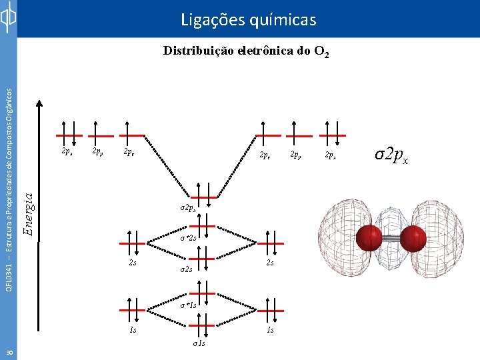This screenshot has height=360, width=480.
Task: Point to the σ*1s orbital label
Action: (x=189, y=305)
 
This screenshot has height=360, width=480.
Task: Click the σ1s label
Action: (x=198, y=344)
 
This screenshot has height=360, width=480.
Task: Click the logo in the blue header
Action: (x=8, y=19)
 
